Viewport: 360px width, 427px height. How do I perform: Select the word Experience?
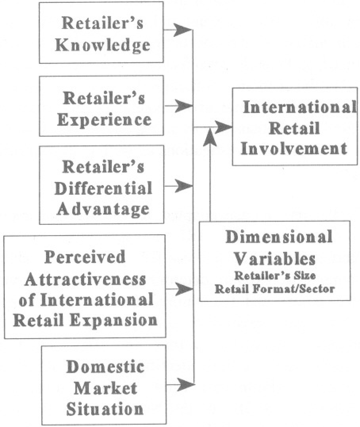point(104,119)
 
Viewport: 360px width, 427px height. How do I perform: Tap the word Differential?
point(103,188)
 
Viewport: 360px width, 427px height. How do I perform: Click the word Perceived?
point(84,257)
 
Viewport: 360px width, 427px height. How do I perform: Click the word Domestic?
point(105,367)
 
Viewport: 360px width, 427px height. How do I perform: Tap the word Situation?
point(105,409)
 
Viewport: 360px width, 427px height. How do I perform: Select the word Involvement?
point(294,149)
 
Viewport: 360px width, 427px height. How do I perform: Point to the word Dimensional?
point(279,237)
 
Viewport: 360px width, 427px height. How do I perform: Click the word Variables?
point(274,259)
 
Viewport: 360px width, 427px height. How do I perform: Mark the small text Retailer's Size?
point(274,276)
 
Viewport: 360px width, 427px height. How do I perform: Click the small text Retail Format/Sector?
point(274,289)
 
